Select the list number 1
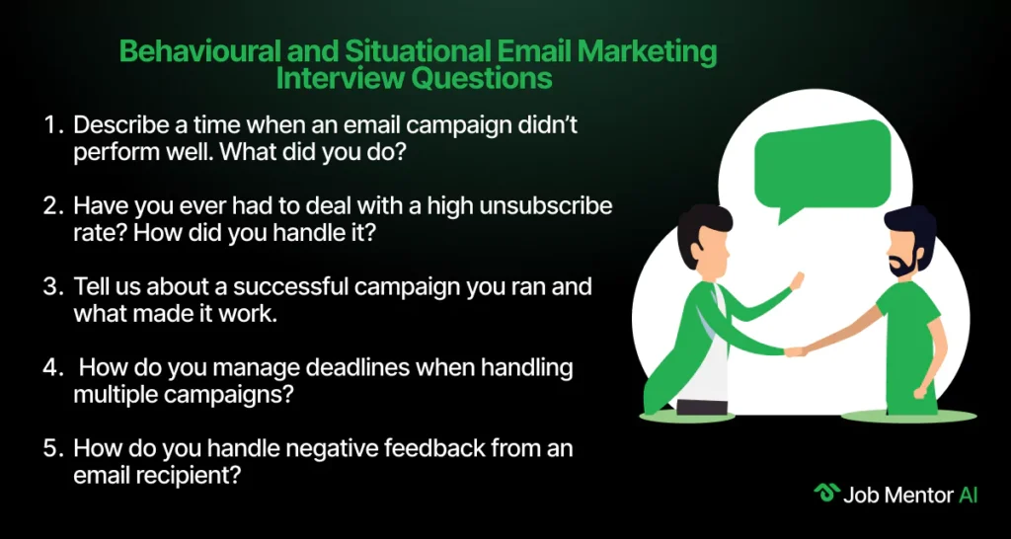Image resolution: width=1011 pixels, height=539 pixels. [x=51, y=124]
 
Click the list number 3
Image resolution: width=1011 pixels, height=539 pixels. [x=51, y=285]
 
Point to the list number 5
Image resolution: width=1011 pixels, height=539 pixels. [x=51, y=448]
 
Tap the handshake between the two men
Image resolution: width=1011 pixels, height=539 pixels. [x=795, y=352]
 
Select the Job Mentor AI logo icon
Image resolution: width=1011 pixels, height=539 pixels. [x=826, y=494]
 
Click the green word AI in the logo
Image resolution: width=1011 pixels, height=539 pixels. [x=968, y=495]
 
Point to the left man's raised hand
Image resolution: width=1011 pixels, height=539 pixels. [x=797, y=280]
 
